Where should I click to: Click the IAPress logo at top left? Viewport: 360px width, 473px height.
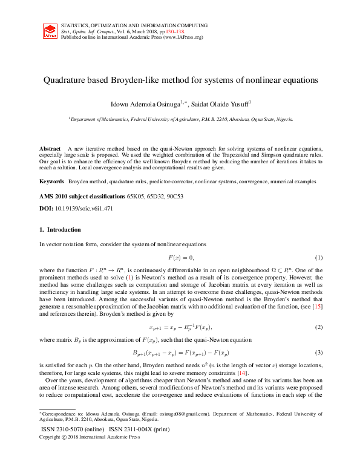click(x=50, y=31)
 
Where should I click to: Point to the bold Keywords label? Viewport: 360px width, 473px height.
click(x=52, y=181)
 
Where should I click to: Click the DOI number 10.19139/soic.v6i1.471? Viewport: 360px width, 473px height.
click(x=83, y=208)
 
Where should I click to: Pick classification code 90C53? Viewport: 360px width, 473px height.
click(x=172, y=197)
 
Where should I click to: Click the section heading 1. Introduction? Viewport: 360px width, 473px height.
click(x=59, y=230)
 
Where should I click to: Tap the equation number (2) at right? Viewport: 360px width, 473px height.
click(x=318, y=327)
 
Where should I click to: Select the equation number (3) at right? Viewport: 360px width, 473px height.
click(x=318, y=352)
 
